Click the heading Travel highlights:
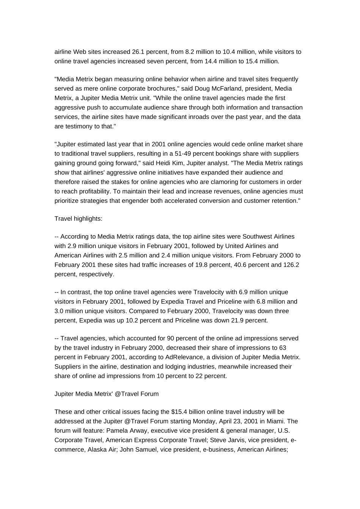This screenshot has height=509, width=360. coord(78,219)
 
